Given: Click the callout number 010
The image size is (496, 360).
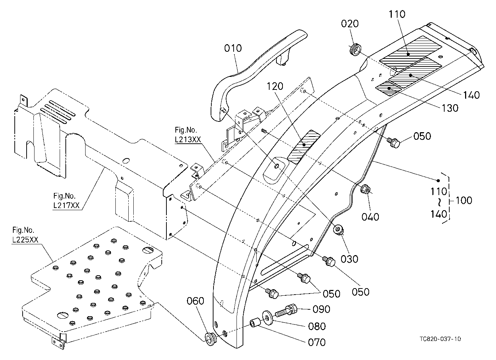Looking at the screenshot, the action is click(x=233, y=48).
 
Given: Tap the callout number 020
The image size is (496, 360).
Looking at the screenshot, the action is click(x=350, y=23).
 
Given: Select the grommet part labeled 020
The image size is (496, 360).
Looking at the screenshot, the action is click(x=355, y=50).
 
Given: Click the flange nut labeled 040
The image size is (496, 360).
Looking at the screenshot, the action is click(x=365, y=189).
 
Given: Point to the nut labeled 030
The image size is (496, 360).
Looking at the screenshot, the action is click(x=339, y=230).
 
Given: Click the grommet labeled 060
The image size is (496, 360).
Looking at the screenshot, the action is click(x=210, y=338).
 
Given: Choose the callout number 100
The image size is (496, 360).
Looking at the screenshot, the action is click(x=463, y=200).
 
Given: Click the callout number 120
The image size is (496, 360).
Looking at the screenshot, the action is click(x=275, y=86).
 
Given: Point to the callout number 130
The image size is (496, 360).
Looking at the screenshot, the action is click(x=450, y=108).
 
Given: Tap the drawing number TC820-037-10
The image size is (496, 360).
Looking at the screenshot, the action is click(x=440, y=339).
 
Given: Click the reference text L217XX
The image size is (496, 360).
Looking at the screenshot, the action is click(x=66, y=205).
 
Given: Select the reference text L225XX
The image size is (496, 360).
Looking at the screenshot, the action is click(x=25, y=240).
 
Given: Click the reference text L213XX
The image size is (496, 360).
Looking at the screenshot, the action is click(x=188, y=139).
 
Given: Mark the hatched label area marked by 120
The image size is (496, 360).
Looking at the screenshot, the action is click(x=304, y=147).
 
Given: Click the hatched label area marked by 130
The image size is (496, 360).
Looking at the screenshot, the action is click(x=389, y=88).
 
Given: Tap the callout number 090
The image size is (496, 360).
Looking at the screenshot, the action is click(x=321, y=309).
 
